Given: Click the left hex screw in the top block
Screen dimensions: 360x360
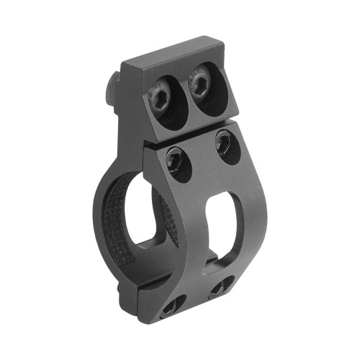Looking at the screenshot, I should [x=160, y=95].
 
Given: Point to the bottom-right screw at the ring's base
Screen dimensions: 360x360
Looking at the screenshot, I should [x=220, y=287].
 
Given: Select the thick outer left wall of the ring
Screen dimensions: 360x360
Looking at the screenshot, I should [x=100, y=216].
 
